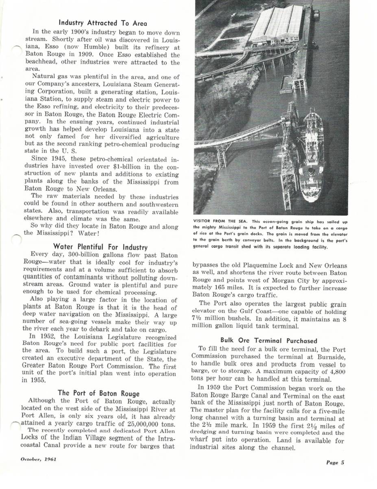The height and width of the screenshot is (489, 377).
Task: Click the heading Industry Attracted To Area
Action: tap(103, 23)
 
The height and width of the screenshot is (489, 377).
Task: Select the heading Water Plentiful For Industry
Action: tap(100, 247)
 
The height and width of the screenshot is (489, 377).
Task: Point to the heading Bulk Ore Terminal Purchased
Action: tap(269, 340)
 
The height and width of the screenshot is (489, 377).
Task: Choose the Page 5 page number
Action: tap(335, 462)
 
